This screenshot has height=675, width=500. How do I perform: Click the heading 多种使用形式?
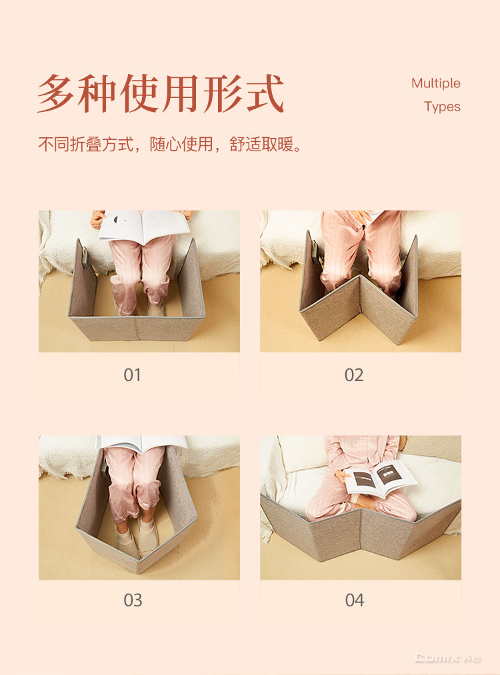click(160, 93)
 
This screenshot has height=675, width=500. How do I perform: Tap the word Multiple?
click(436, 83)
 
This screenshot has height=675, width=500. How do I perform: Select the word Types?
click(442, 107)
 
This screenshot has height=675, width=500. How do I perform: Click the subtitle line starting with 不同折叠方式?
click(170, 144)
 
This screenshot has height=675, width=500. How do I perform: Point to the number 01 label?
click(132, 375)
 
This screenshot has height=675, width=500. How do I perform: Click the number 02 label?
click(354, 375)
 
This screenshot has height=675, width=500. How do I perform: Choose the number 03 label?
click(133, 600)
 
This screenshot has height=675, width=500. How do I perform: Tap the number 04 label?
click(355, 600)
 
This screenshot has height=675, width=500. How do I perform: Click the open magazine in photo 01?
click(144, 225)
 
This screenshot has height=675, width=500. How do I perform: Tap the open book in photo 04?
click(381, 477)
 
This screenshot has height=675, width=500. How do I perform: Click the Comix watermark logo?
click(448, 658)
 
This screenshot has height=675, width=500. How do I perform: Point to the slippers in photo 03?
click(138, 535)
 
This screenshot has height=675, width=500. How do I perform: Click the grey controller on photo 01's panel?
click(86, 257)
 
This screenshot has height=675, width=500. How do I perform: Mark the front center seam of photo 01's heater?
click(135, 329)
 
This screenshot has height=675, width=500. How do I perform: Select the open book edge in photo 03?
click(142, 443)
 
